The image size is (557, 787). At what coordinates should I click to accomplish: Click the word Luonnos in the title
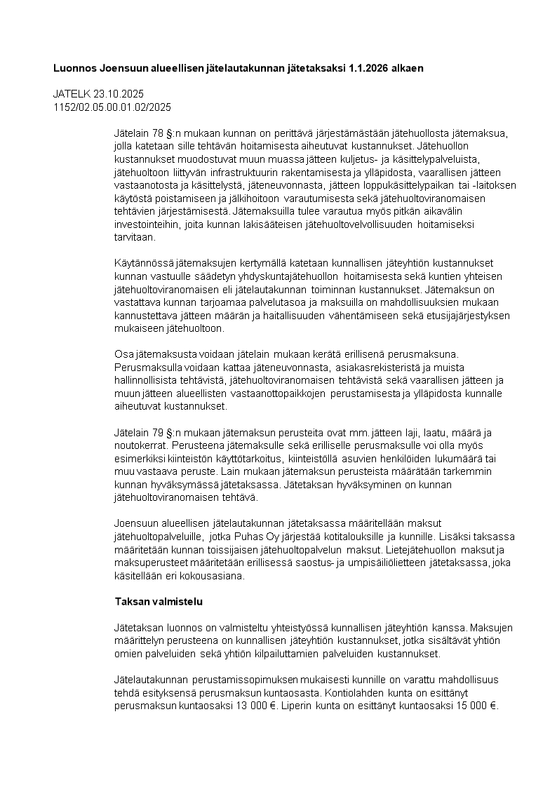point(75,69)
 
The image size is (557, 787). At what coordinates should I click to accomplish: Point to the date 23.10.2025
point(118,94)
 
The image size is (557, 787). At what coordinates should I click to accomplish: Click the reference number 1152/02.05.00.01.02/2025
point(112,107)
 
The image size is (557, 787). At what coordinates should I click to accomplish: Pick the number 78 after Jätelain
point(158,133)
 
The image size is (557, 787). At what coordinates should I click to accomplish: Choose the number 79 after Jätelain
point(158,432)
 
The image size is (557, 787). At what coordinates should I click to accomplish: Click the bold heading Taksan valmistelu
point(159,602)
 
